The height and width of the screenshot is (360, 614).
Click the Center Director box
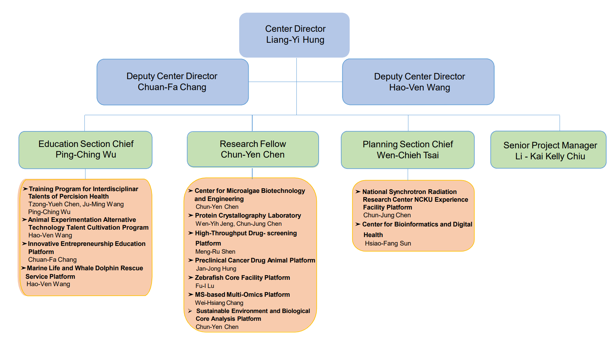[294, 35]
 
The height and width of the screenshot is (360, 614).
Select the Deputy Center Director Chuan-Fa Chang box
[172, 82]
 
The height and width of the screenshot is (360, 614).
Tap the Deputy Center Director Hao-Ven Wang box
[418, 82]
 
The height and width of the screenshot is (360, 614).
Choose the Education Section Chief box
[85, 150]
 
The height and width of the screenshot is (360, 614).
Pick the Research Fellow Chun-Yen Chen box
[253, 149]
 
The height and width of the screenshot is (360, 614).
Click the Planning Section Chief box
[407, 150]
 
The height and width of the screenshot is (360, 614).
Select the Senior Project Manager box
[548, 150]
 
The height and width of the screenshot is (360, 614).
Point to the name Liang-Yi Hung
[295, 40]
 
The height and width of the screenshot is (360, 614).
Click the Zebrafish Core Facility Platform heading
[242, 278]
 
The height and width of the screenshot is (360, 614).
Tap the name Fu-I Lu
[205, 286]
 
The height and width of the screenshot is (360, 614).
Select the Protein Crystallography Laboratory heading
[248, 216]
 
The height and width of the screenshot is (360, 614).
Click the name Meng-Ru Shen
[215, 252]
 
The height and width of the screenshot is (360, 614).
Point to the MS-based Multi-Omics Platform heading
[242, 295]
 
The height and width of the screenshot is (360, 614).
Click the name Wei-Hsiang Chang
[219, 303]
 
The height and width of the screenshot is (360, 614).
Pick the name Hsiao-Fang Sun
[388, 243]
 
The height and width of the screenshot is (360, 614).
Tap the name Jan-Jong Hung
[216, 268]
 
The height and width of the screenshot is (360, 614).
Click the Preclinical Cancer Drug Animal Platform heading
[255, 260]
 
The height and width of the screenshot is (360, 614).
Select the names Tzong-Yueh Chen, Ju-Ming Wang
[76, 204]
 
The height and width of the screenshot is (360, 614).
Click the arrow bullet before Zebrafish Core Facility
[191, 278]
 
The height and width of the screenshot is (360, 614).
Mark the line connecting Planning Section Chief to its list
[408, 175]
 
